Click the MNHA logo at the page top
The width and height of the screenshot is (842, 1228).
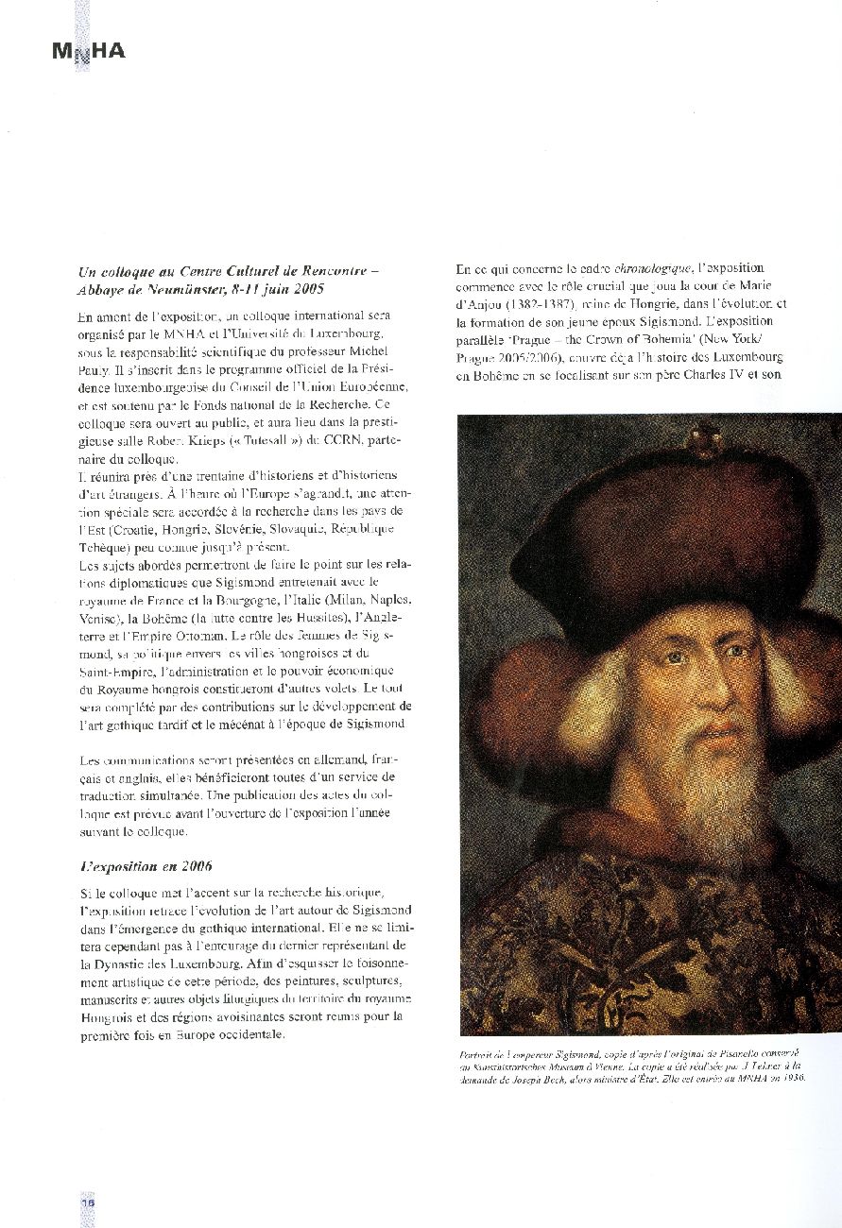[89, 52]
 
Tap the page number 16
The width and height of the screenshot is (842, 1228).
[87, 1202]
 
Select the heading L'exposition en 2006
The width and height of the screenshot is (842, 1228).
[146, 866]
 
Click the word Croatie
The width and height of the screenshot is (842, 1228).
[138, 529]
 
